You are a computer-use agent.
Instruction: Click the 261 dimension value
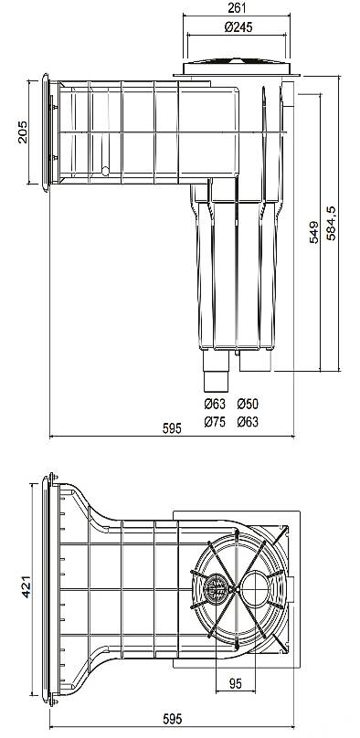[x=238, y=7]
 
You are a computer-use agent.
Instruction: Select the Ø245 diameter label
[x=238, y=27]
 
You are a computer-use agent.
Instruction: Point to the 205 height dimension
[x=22, y=132]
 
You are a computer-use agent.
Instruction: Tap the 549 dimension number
[x=313, y=232]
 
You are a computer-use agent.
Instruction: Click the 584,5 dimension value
[x=332, y=223]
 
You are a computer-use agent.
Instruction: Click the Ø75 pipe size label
[x=215, y=422]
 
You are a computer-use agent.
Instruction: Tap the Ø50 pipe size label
[x=248, y=404]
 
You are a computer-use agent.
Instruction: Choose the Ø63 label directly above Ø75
[x=215, y=404]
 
